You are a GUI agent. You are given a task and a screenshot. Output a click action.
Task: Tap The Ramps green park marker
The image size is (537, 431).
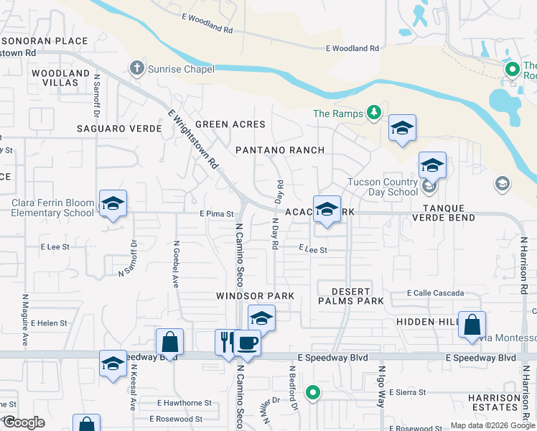click(373, 113)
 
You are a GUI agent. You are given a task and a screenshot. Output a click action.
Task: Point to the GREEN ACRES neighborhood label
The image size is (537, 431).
click(230, 124)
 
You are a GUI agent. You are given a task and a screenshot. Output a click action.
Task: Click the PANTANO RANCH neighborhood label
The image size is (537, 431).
click(281, 150)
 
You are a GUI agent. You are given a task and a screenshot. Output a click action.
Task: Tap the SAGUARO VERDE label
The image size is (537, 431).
click(111, 129)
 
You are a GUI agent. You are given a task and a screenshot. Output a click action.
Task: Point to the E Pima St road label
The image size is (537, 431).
click(217, 214)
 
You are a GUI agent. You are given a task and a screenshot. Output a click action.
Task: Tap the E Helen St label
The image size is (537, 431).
click(48, 323)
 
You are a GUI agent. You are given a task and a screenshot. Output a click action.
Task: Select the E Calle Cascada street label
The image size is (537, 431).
click(435, 293)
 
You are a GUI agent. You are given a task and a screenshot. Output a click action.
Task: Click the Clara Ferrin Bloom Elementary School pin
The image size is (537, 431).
click(113, 203)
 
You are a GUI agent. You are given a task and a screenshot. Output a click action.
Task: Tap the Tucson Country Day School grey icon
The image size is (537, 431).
click(430, 187)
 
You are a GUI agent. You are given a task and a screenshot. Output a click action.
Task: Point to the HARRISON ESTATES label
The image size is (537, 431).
click(494, 403)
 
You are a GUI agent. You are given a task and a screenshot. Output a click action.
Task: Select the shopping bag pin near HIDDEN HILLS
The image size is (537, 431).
click(472, 325)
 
